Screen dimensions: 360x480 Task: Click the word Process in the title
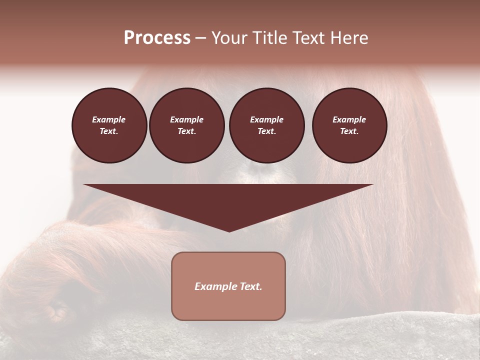pos(157,38)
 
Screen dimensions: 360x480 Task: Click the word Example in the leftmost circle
pos(109,119)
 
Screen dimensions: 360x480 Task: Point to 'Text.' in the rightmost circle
pos(349,131)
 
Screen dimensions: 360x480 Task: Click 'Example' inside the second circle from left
pos(186,119)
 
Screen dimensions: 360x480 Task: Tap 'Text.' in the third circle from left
pos(267,131)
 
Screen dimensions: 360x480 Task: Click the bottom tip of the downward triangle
pos(229,230)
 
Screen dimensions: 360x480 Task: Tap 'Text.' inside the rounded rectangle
pos(251,286)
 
